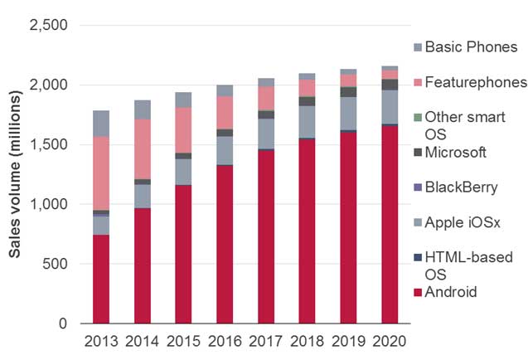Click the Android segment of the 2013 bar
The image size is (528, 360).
tap(101, 279)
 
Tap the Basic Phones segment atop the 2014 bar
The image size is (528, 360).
tap(143, 109)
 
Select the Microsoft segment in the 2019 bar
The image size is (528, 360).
tap(348, 92)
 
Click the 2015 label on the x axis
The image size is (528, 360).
tap(184, 341)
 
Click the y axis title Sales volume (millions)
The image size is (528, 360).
tap(16, 174)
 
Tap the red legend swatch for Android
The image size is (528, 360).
tap(416, 291)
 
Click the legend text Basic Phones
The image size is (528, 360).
tap(471, 46)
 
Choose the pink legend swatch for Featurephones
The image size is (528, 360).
tap(416, 82)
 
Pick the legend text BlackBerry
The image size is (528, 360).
tap(461, 187)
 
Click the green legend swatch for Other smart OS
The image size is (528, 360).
tap(416, 117)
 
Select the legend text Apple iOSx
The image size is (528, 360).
tap(463, 221)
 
